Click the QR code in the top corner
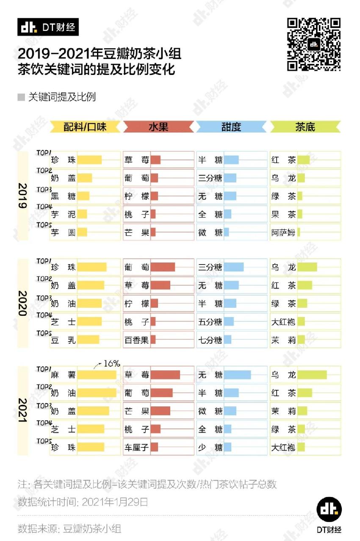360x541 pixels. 314,44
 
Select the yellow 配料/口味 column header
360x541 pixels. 85,127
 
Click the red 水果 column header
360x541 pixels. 158,127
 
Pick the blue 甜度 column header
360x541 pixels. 232,127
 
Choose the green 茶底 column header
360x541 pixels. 305,127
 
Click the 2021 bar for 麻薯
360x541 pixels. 97,375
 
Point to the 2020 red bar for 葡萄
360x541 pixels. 163,267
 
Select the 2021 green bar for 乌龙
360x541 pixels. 312,375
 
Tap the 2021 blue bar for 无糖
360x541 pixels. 237,375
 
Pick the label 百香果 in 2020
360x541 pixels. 136,340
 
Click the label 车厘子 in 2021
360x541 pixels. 136,447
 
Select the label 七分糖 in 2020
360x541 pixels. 210,340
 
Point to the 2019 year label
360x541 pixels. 22,196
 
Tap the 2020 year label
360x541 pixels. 22,303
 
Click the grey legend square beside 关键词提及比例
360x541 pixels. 21,97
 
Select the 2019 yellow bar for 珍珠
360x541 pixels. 89,160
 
